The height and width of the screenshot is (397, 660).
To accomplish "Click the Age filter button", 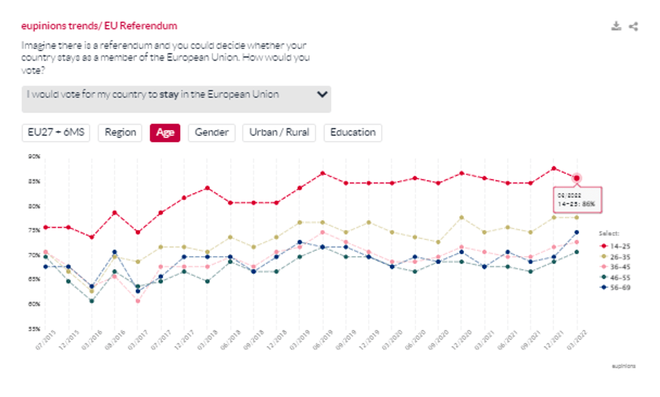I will coord(165,133).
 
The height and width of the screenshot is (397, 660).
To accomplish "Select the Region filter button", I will coord(120,133).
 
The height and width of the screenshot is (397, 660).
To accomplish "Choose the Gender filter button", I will coord(212,133).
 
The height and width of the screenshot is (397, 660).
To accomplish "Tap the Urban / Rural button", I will coord(280,133).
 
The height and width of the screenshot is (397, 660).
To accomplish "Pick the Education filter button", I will coord(353,133).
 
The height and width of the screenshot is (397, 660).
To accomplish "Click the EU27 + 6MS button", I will coord(56,133).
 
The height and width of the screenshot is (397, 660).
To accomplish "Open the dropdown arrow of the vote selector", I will coord(322,95).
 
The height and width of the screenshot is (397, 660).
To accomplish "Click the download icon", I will coord(616,26).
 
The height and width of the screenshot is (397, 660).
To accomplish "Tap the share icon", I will coord(634,26).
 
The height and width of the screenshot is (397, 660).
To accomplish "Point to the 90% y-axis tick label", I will coord(34,156).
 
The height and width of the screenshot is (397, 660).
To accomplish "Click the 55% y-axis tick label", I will coord(34,329).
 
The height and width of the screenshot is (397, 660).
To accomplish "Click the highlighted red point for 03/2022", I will coord(577,178).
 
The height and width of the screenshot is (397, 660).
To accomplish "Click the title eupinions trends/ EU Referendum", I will coord(99,26).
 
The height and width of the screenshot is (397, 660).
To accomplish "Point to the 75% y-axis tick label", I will coord(34,230).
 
